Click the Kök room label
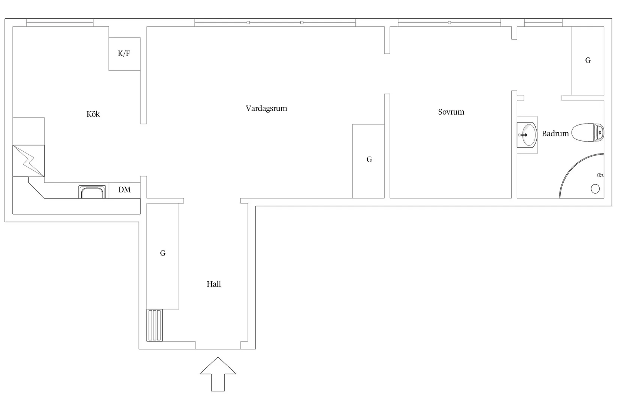pyautogui.click(x=93, y=114)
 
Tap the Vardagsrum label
pyautogui.click(x=266, y=108)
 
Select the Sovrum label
pyautogui.click(x=451, y=112)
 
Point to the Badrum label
pyautogui.click(x=555, y=134)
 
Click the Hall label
pyautogui.click(x=214, y=284)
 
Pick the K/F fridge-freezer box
pyautogui.click(x=124, y=54)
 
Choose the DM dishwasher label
pyautogui.click(x=124, y=190)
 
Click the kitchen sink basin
pyautogui.click(x=92, y=192)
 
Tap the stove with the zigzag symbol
pyautogui.click(x=28, y=161)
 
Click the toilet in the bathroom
pyautogui.click(x=587, y=133)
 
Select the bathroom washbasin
pyautogui.click(x=527, y=135)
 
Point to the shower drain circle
pyautogui.click(x=595, y=189)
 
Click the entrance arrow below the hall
pyautogui.click(x=218, y=374)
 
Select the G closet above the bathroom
pyautogui.click(x=588, y=61)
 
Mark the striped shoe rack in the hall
pyautogui.click(x=154, y=325)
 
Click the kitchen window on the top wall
pyautogui.click(x=60, y=22)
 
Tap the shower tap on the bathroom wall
pyautogui.click(x=601, y=175)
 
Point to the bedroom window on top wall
pyautogui.click(x=449, y=22)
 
